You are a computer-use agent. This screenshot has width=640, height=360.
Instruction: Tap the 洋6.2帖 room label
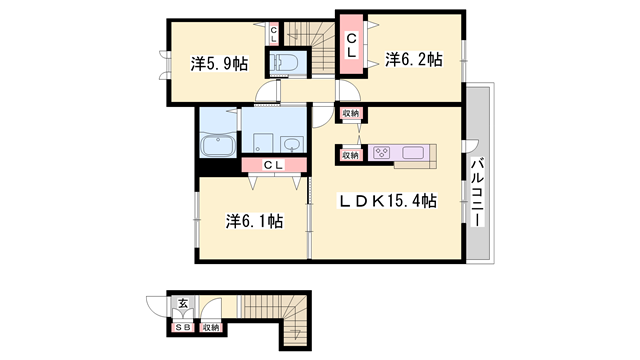tap(413, 60)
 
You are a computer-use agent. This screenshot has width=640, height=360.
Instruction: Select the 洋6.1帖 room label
tap(252, 220)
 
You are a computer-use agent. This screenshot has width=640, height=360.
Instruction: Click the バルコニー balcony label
tap(478, 191)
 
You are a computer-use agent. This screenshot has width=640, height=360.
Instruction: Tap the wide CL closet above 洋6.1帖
tap(273, 166)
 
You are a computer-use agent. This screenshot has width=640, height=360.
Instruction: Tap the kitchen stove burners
tap(383, 153)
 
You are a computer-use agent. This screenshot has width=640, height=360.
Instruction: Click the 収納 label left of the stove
tap(350, 155)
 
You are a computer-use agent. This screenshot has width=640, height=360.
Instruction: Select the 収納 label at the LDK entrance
tap(350, 114)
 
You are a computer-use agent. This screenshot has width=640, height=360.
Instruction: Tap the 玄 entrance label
tap(183, 303)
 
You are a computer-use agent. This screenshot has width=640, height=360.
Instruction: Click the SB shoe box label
tap(183, 326)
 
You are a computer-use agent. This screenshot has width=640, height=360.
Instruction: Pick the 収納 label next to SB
tap(210, 326)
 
